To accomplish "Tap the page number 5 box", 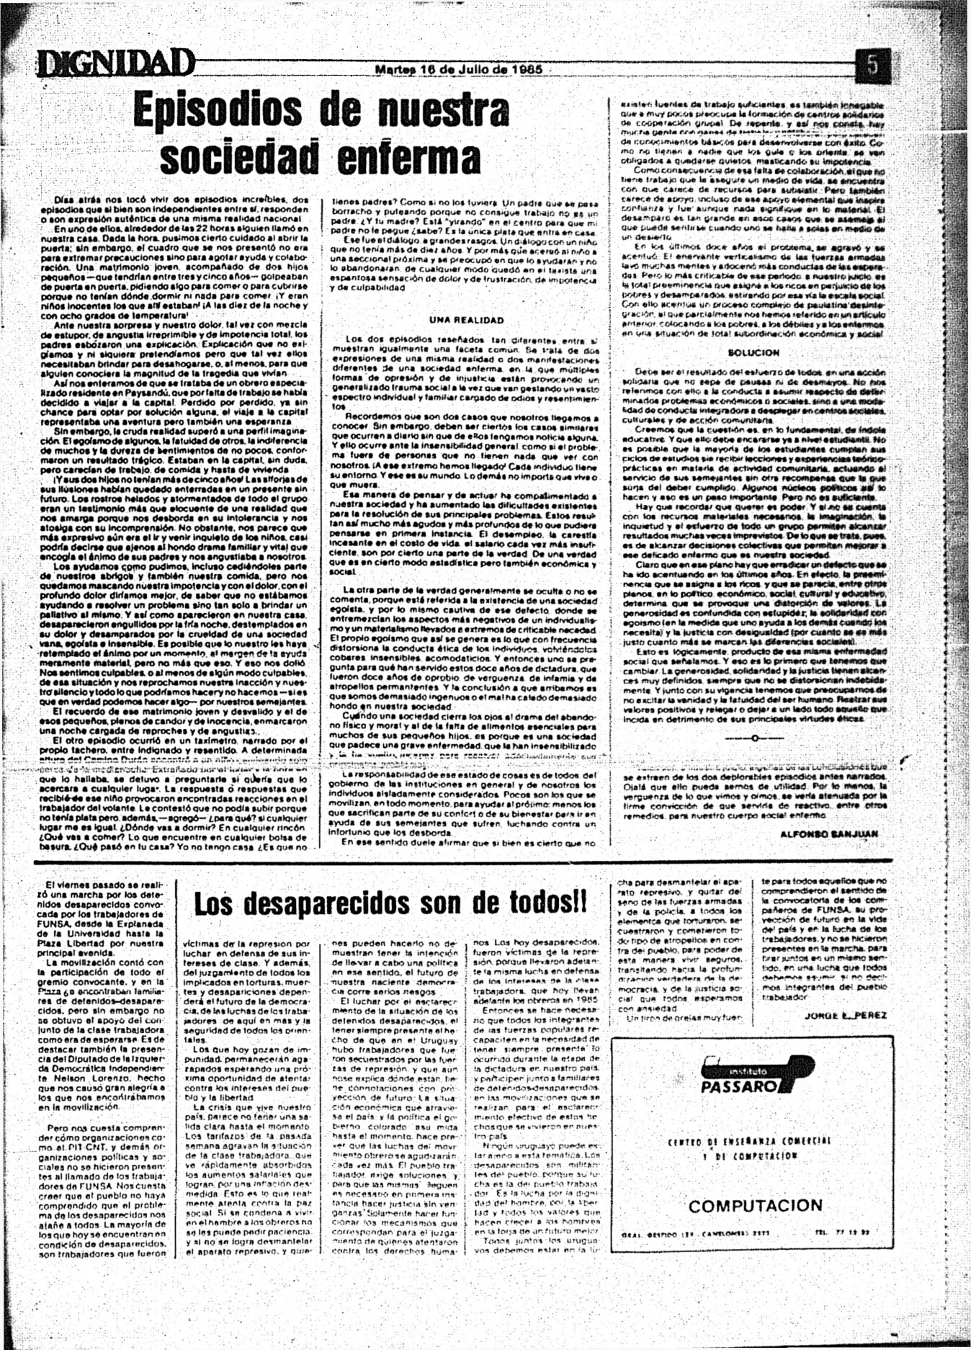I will pos(873,66).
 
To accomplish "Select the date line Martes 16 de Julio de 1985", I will pos(459,70).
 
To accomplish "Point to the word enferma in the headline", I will pos(409,157).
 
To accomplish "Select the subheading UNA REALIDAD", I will pos(467,320).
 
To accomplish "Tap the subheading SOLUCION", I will pos(753,353).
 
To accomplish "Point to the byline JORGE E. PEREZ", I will pos(846,1015).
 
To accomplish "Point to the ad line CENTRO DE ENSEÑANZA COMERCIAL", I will pos(749,1142).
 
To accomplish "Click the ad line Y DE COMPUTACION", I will pos(749,1157).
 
